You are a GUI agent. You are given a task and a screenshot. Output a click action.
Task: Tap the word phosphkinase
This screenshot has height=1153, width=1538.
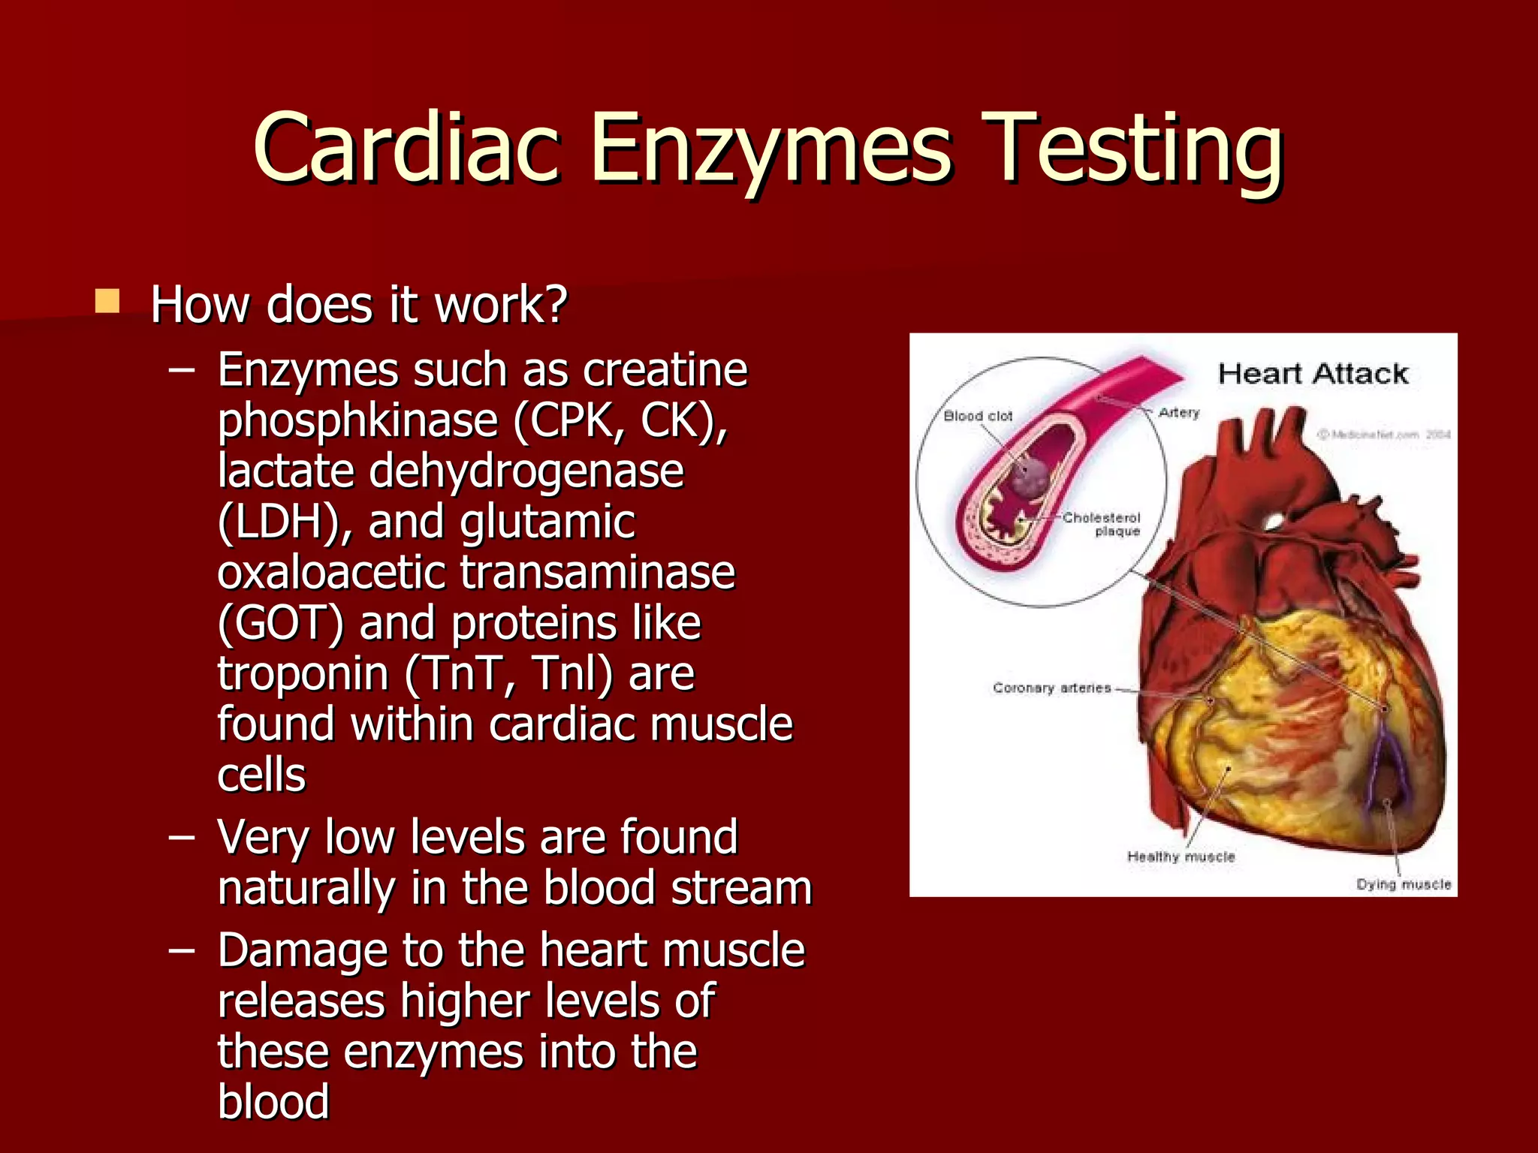(x=357, y=420)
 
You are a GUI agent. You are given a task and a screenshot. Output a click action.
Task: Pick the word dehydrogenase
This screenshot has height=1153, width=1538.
(x=526, y=471)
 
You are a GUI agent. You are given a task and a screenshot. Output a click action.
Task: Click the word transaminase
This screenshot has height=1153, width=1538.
(x=597, y=572)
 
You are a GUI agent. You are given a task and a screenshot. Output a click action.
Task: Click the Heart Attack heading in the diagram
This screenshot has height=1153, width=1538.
(x=1313, y=373)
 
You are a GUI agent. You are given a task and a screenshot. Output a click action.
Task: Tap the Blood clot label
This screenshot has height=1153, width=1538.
(x=978, y=416)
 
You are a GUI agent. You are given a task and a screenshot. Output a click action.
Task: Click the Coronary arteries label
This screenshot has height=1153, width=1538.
(x=1051, y=688)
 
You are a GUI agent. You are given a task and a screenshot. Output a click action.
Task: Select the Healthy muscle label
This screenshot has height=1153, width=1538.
(x=1181, y=856)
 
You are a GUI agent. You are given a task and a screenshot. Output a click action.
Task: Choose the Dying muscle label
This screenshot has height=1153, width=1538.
(x=1403, y=884)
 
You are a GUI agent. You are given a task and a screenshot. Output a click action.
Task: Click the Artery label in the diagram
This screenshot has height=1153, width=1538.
(x=1179, y=412)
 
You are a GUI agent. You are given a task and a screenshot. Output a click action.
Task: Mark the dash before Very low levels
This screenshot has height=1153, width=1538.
(x=182, y=836)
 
